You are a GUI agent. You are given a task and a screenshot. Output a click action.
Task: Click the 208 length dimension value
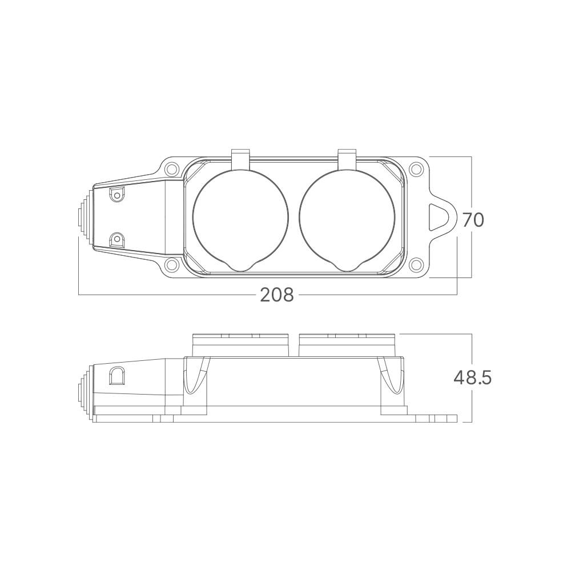[x=277, y=295]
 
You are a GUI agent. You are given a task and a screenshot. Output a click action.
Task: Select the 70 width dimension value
[x=473, y=220]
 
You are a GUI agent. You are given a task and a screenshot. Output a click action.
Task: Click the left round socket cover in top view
[x=241, y=220]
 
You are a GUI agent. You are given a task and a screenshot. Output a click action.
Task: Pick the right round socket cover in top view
[x=347, y=220]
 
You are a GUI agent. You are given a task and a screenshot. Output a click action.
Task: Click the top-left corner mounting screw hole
[x=171, y=169]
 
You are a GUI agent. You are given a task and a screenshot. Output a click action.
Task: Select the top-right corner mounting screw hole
[x=415, y=169]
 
